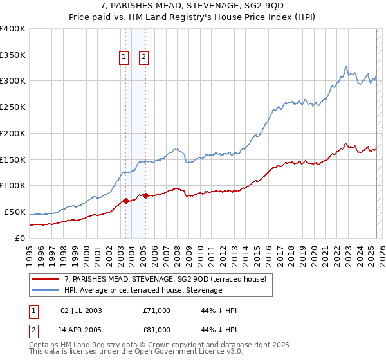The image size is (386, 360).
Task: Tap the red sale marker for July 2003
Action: pos(125,201)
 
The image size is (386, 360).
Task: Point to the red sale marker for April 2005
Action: pos(145,195)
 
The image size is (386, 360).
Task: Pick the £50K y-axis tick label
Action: pos(15,212)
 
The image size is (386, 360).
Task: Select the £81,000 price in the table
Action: pos(156,330)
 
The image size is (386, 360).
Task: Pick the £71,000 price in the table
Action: pos(156,310)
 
